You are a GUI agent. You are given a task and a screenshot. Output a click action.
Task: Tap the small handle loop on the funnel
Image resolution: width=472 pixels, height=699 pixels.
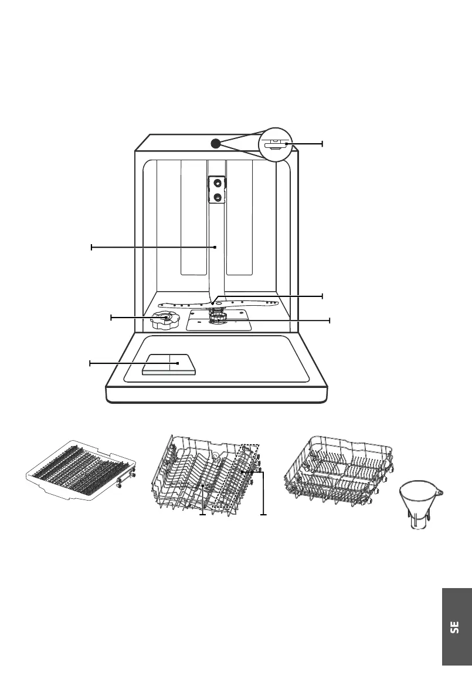pyautogui.click(x=440, y=491)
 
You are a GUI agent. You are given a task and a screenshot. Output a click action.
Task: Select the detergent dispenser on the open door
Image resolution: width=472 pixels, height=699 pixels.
pyautogui.click(x=169, y=364)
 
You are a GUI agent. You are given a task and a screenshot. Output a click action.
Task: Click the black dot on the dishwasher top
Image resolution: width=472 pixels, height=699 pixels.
pyautogui.click(x=215, y=143)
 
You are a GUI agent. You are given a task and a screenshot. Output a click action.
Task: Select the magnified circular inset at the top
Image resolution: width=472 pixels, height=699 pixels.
pyautogui.click(x=275, y=144)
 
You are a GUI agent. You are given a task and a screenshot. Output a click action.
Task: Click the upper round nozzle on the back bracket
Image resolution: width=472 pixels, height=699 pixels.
pyautogui.click(x=218, y=183)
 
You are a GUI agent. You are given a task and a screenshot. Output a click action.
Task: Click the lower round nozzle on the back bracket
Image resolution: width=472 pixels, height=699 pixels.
pyautogui.click(x=218, y=198)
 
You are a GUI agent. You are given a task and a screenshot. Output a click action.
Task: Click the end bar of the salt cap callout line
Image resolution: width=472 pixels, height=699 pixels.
pyautogui.click(x=111, y=318)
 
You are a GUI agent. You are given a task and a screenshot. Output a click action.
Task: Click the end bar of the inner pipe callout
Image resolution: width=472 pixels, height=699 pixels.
pyautogui.click(x=91, y=248)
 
